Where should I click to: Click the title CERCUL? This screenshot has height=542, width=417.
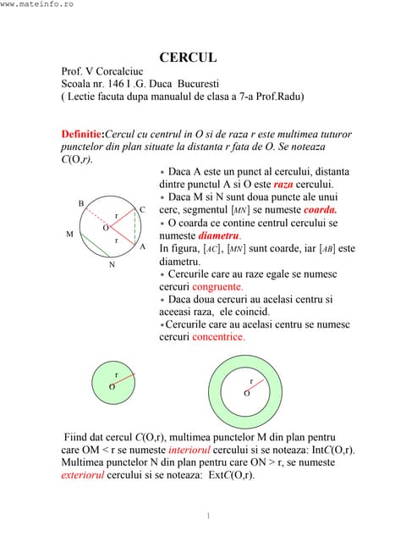click(x=189, y=58)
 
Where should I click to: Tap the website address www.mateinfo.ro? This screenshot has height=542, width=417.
click(x=37, y=5)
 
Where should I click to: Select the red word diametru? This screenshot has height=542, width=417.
click(x=218, y=235)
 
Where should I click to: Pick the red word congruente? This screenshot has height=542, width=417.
click(x=219, y=286)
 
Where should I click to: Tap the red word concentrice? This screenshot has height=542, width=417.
click(x=218, y=336)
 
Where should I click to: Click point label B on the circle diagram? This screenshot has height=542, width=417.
click(x=81, y=203)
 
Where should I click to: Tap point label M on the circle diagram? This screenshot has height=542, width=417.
click(x=69, y=233)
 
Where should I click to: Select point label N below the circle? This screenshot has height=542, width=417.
click(x=111, y=264)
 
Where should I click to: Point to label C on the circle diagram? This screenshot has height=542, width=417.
click(x=142, y=209)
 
